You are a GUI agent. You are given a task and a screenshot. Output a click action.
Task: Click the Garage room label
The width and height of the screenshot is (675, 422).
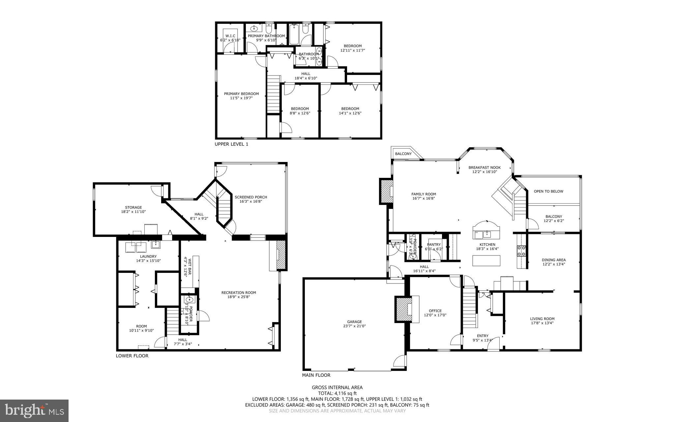[354, 322]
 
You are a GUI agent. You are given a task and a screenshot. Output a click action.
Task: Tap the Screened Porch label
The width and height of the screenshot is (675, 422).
[251, 197]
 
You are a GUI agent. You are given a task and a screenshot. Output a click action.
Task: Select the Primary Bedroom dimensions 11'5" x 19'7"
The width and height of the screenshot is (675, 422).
[241, 98]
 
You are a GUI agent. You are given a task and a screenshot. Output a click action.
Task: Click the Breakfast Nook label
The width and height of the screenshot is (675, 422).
[484, 167]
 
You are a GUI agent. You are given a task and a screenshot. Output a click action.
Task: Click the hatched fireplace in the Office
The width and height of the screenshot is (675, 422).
[402, 308]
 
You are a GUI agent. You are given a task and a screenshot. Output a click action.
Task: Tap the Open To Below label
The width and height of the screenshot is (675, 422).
[548, 191]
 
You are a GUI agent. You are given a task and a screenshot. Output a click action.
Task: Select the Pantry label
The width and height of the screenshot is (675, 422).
[434, 244]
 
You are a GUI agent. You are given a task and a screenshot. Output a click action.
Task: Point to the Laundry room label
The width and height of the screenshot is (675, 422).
[148, 256]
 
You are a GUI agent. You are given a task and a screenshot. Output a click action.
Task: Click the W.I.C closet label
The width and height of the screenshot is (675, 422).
[230, 36]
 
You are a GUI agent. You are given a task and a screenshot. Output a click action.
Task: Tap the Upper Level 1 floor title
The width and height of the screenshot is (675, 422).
[231, 144]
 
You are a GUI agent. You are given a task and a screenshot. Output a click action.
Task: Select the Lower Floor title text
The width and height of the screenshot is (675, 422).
[132, 356]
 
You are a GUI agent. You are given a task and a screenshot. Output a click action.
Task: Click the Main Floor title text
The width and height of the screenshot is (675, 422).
[316, 375]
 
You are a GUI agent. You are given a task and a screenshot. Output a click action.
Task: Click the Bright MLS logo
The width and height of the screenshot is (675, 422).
[34, 410]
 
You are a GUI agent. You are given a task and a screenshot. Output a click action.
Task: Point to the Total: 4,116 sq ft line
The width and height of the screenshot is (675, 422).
[337, 393]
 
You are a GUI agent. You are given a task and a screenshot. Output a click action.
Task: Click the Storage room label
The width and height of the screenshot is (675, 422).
[133, 208]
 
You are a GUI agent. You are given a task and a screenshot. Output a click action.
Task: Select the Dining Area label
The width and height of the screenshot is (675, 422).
[554, 260]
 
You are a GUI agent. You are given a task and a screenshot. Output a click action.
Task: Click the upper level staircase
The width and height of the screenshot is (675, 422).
[273, 94]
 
